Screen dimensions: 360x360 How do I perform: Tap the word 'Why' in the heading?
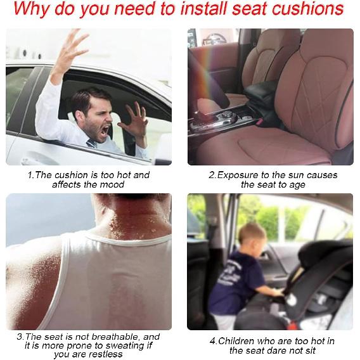(32, 10)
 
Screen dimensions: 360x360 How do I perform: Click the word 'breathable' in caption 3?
(111, 337)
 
